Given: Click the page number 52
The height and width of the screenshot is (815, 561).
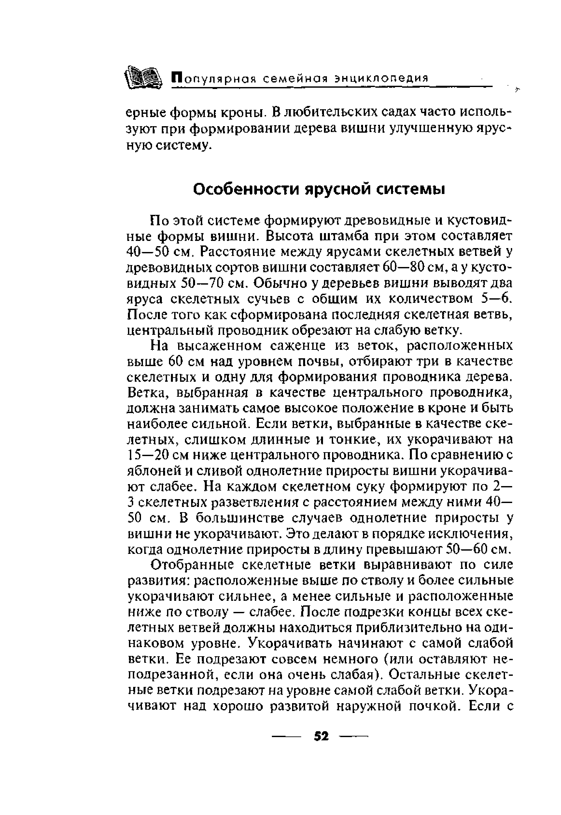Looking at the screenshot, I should coord(321,736).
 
